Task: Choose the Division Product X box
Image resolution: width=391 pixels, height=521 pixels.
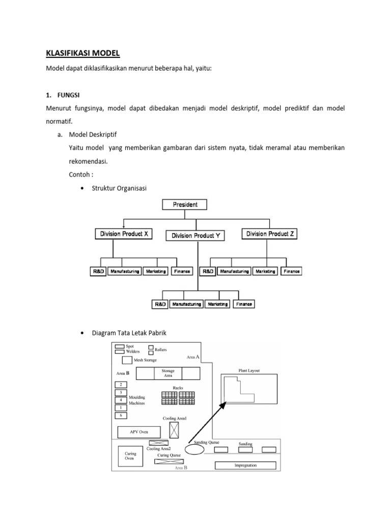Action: point(123,234)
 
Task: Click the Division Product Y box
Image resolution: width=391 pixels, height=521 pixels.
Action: point(195,236)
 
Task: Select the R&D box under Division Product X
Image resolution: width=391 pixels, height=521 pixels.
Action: point(99,272)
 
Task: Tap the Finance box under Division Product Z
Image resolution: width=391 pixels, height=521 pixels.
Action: point(291,272)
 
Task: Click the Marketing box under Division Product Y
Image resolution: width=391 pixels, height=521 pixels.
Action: point(218,304)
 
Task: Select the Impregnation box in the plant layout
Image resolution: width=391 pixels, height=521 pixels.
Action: point(245,465)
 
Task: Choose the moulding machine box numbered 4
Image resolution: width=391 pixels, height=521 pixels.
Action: point(120,400)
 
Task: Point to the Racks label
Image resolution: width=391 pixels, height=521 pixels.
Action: point(178,387)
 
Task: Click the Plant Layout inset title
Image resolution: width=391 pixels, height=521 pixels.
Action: point(249,371)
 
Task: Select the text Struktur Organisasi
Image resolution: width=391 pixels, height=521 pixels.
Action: point(119,189)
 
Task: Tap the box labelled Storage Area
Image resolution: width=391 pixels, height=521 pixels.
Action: point(168,373)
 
